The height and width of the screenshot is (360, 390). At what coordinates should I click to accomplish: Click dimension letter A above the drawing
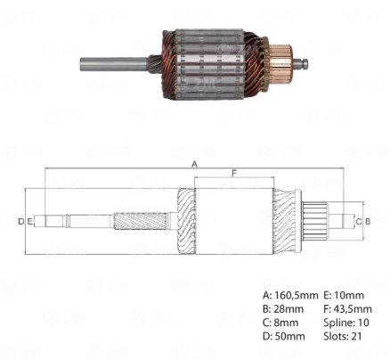coord(194,164)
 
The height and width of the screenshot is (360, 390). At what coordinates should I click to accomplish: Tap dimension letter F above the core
coord(234,173)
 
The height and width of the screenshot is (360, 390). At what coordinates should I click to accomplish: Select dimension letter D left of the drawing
coord(20,221)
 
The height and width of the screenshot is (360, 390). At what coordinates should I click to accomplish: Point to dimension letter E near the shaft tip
coord(29,221)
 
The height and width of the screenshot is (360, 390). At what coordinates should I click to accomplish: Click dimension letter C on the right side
coord(359,221)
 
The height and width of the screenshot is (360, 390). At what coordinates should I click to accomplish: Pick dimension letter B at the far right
coord(368,221)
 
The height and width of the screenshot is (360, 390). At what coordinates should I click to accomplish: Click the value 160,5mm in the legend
coord(297,296)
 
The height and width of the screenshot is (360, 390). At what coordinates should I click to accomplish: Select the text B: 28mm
coord(283,309)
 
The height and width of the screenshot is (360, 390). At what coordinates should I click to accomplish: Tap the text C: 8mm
coord(280,323)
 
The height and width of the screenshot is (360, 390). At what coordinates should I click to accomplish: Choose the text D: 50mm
coord(284,337)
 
